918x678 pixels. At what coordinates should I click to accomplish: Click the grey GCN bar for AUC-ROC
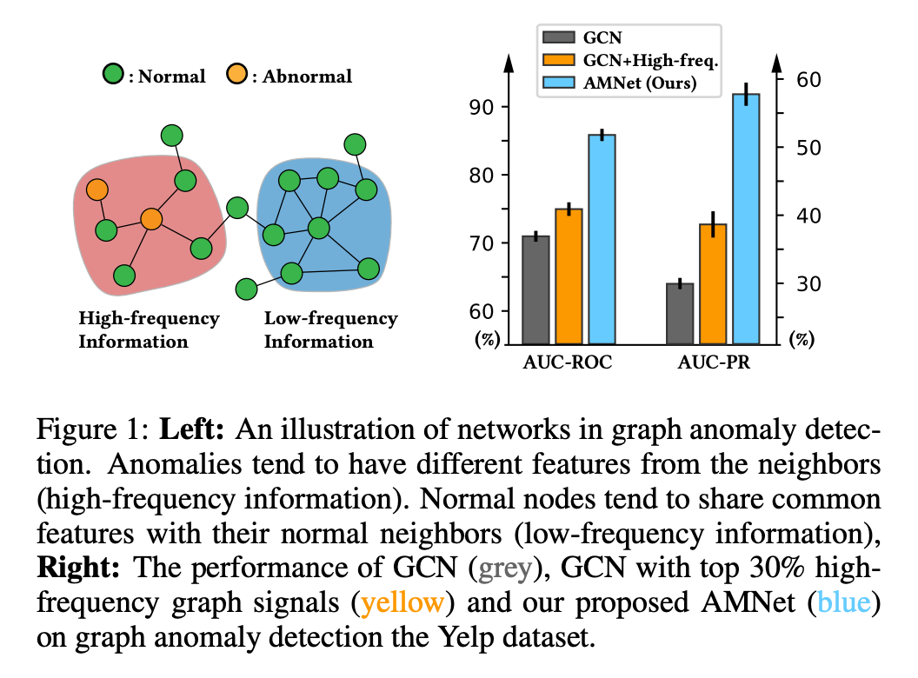535,289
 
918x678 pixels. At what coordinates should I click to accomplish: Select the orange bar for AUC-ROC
569,276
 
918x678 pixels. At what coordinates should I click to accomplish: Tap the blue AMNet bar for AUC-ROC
602,239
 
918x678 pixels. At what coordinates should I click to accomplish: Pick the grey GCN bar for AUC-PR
680,313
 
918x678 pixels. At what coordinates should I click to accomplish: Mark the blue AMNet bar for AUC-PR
746,218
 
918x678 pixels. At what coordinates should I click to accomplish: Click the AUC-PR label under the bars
714,363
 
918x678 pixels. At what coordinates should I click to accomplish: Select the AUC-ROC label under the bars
569,363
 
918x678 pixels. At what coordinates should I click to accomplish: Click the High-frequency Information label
149,329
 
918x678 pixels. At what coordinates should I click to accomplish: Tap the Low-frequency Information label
330,329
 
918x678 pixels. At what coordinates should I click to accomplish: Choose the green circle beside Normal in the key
112,76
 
